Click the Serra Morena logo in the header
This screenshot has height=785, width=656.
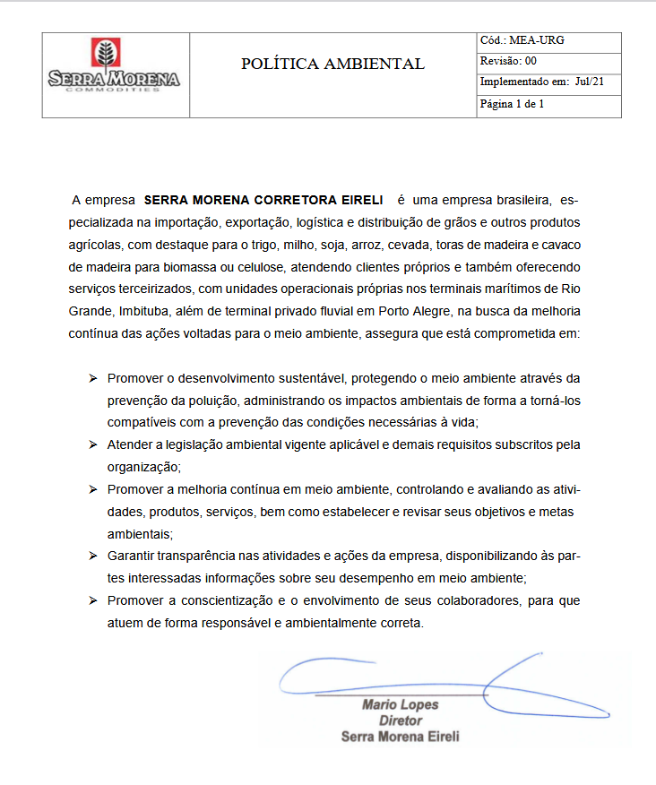point(115,65)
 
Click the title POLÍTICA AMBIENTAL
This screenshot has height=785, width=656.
point(332,65)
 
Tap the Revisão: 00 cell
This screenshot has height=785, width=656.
point(508,61)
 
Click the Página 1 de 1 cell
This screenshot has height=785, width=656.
point(512,104)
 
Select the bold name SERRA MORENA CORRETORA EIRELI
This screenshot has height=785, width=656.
point(263,199)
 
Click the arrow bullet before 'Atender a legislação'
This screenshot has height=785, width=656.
point(92,444)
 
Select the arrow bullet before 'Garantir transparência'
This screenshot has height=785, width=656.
point(92,556)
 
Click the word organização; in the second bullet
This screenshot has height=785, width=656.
point(144,467)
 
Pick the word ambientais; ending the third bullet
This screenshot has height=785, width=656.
point(140,534)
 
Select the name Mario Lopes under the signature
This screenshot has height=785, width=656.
point(400,705)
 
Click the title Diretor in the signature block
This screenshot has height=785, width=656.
point(400,721)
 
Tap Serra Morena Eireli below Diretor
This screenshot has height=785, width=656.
point(400,737)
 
